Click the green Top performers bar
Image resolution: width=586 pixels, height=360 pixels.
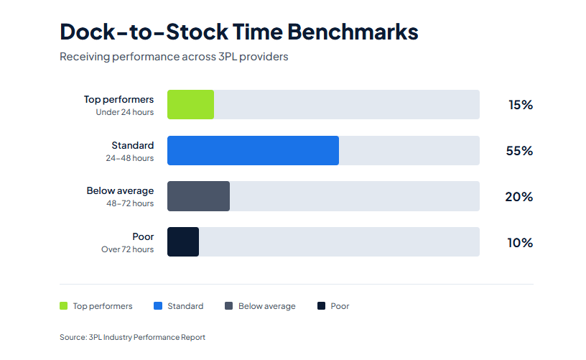pyautogui.click(x=190, y=104)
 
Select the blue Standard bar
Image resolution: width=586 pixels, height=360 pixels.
pyautogui.click(x=253, y=150)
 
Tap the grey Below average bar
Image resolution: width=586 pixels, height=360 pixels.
pyautogui.click(x=198, y=196)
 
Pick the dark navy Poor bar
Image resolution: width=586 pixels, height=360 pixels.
pyautogui.click(x=183, y=242)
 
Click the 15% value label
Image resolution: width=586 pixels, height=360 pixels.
pyautogui.click(x=520, y=105)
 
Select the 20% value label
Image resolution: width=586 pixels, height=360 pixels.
pyautogui.click(x=518, y=197)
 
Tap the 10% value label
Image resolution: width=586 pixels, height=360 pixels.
pyautogui.click(x=520, y=243)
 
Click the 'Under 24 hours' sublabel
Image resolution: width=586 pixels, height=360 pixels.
pyautogui.click(x=124, y=112)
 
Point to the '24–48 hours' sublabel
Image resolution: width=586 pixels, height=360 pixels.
pyautogui.click(x=130, y=158)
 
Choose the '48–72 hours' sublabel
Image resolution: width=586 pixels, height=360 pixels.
pyautogui.click(x=130, y=203)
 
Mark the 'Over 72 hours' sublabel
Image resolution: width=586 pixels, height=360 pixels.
pyautogui.click(x=127, y=249)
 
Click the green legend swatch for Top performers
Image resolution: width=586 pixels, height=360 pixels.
pyautogui.click(x=63, y=306)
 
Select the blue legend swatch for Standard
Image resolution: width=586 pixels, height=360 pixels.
pyautogui.click(x=158, y=306)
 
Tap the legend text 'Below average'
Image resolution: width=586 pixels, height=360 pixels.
pyautogui.click(x=266, y=306)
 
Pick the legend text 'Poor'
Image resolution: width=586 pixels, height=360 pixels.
pyautogui.click(x=340, y=306)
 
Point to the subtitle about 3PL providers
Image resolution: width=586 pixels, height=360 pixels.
pyautogui.click(x=174, y=56)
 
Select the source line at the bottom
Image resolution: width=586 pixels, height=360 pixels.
pyautogui.click(x=132, y=337)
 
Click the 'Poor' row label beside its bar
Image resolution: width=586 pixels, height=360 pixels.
pyautogui.click(x=143, y=236)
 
